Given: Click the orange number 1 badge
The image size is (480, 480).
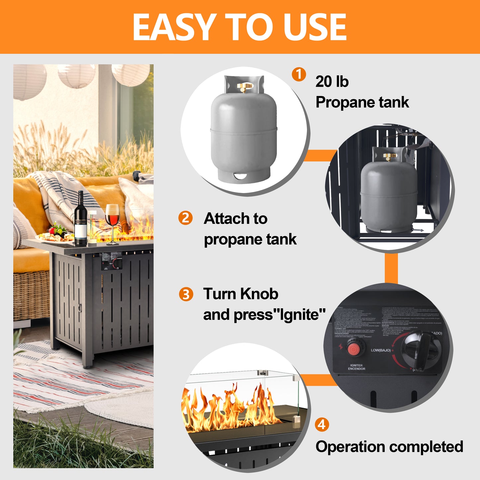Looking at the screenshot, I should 299,74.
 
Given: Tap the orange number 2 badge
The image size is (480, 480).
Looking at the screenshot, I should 185,218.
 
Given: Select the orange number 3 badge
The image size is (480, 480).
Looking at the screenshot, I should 186,294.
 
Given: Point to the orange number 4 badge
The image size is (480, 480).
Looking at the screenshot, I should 322,425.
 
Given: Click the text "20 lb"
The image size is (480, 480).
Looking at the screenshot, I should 332,82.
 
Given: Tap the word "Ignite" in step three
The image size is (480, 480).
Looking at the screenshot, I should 302,315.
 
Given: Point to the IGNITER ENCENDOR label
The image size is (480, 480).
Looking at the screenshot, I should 356,367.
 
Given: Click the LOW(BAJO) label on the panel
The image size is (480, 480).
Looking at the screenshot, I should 381,350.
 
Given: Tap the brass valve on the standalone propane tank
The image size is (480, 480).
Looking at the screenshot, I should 245,87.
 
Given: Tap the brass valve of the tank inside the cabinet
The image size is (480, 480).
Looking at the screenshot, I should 390,156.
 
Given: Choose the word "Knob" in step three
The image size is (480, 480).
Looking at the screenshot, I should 259,294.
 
